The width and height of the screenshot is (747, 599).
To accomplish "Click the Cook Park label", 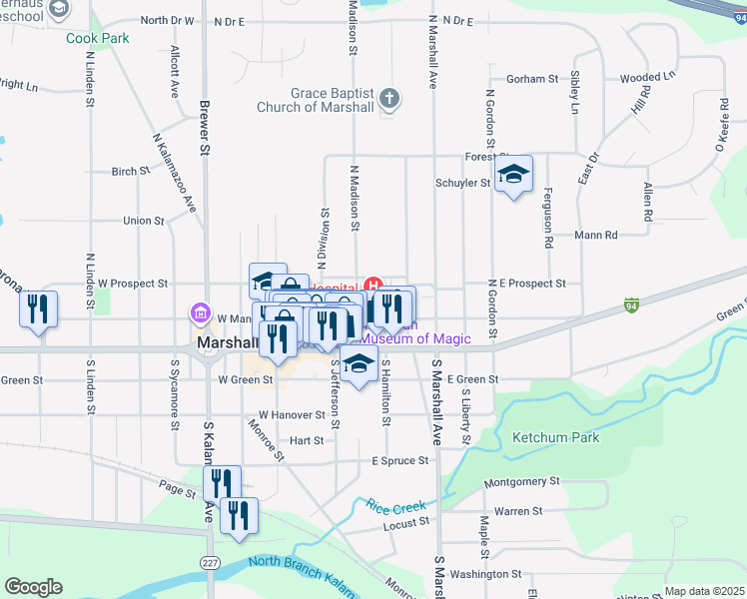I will [x=98, y=38].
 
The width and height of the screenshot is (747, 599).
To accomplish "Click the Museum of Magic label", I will [x=413, y=338].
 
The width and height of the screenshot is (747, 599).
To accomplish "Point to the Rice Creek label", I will [x=396, y=506].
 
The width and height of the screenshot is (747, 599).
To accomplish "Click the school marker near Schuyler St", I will [x=512, y=175].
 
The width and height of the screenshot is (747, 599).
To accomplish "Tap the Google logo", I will [x=33, y=587].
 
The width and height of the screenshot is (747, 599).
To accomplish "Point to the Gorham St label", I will [x=531, y=78].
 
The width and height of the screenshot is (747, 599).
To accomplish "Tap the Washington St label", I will [x=485, y=574].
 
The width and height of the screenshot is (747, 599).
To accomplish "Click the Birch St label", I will [x=131, y=171].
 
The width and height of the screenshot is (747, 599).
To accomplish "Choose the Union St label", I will [x=143, y=221].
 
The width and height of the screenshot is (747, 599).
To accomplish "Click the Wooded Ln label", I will [x=647, y=76].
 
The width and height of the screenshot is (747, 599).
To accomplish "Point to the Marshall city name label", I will [x=229, y=341].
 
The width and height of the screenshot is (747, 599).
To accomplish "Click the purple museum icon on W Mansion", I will [x=200, y=314].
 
